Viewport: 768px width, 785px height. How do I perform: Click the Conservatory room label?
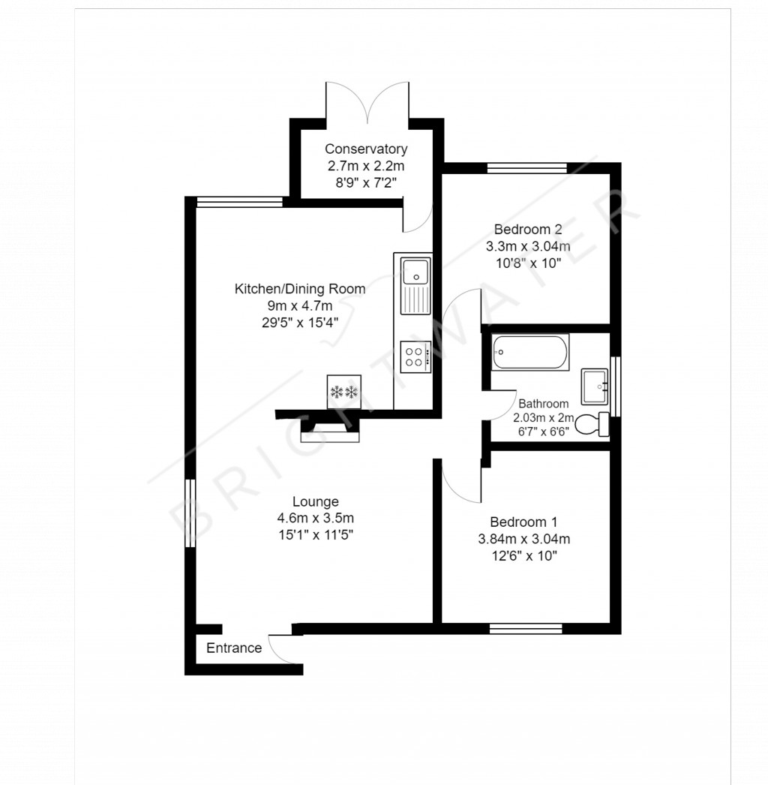365,149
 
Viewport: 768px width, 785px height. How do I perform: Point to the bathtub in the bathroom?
531,352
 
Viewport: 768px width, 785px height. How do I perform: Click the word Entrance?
234,648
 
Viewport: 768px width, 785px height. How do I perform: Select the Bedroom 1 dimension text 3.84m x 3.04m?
523,539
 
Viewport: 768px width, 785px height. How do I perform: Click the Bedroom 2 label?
527,229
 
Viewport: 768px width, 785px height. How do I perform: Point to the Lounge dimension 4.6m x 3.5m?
315,518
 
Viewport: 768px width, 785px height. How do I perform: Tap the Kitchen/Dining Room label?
300,288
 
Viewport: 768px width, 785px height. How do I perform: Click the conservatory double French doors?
367,101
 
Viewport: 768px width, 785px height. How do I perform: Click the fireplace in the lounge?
330,431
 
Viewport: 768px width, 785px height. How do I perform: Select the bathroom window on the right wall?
616,386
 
